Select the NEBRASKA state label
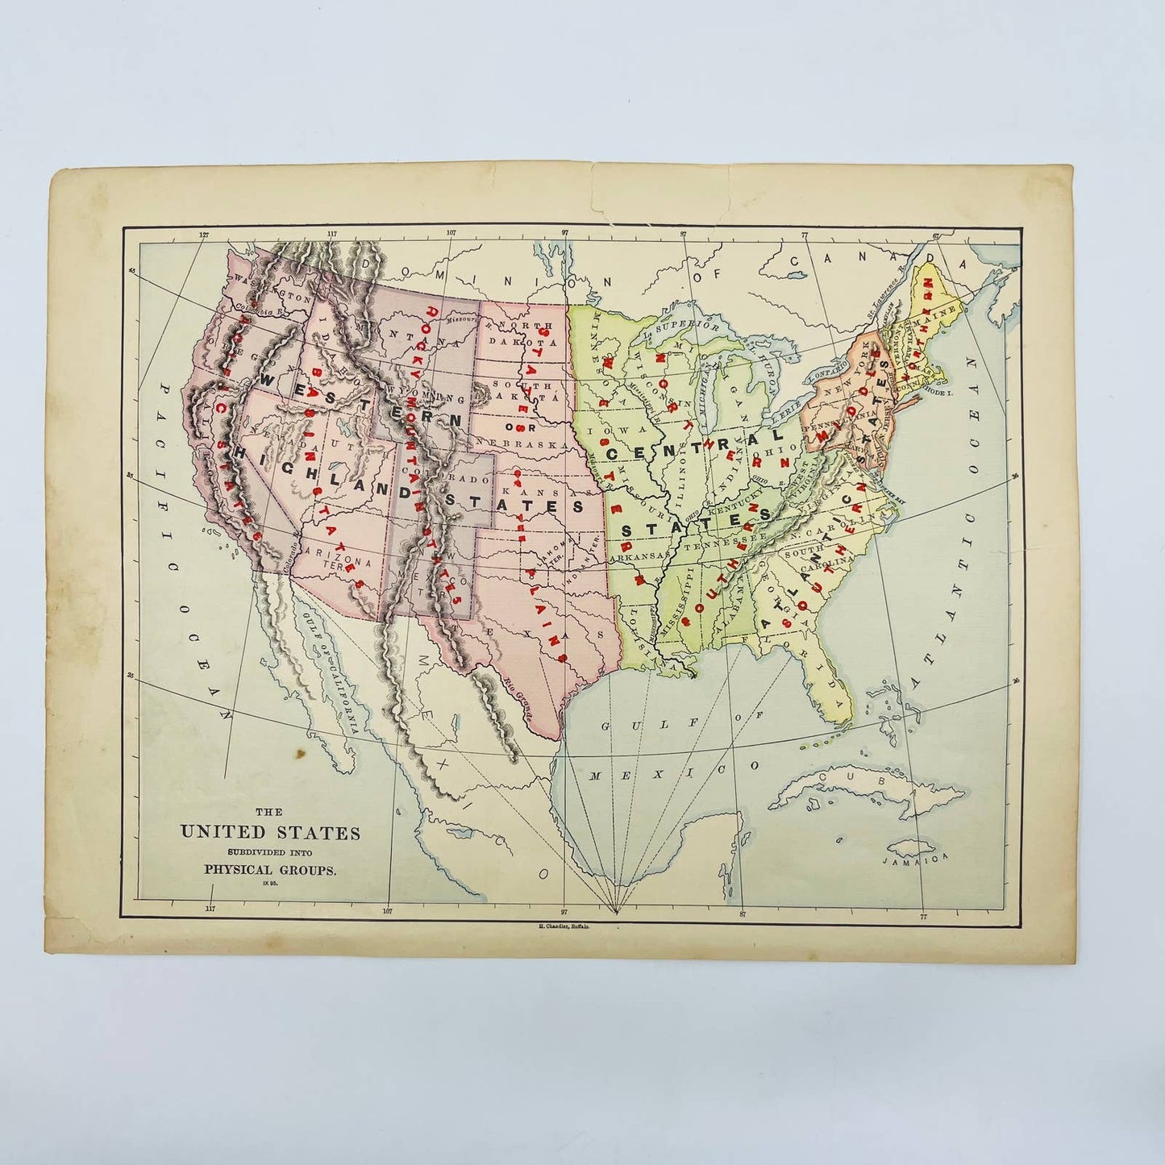[x=526, y=444]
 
